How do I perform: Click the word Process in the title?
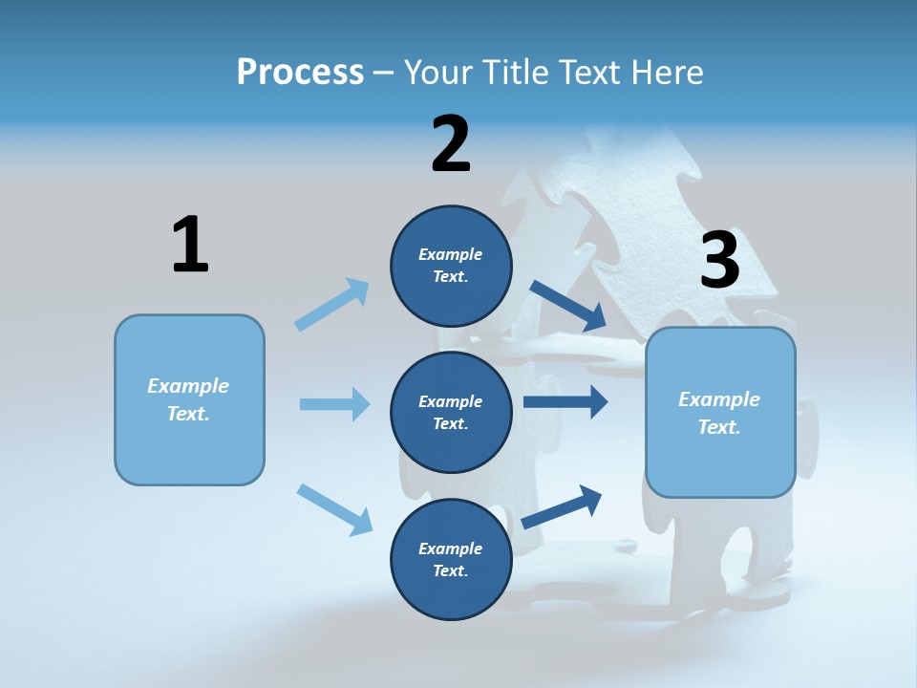tap(300, 73)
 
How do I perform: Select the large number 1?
tap(190, 245)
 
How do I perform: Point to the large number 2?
tap(451, 144)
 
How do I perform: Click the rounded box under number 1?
tap(189, 399)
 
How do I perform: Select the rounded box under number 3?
tap(720, 413)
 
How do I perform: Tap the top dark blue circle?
tap(451, 266)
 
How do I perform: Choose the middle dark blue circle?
tap(451, 412)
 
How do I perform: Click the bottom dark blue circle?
tap(451, 559)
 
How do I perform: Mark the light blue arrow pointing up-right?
tap(332, 304)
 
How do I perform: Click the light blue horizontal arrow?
tap(334, 404)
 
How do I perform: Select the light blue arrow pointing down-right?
tap(334, 508)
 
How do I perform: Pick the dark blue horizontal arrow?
tap(565, 402)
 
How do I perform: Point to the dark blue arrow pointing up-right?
tap(562, 506)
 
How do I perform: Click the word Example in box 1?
tap(188, 386)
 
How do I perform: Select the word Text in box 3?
tap(718, 427)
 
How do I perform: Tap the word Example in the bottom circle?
tap(451, 548)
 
